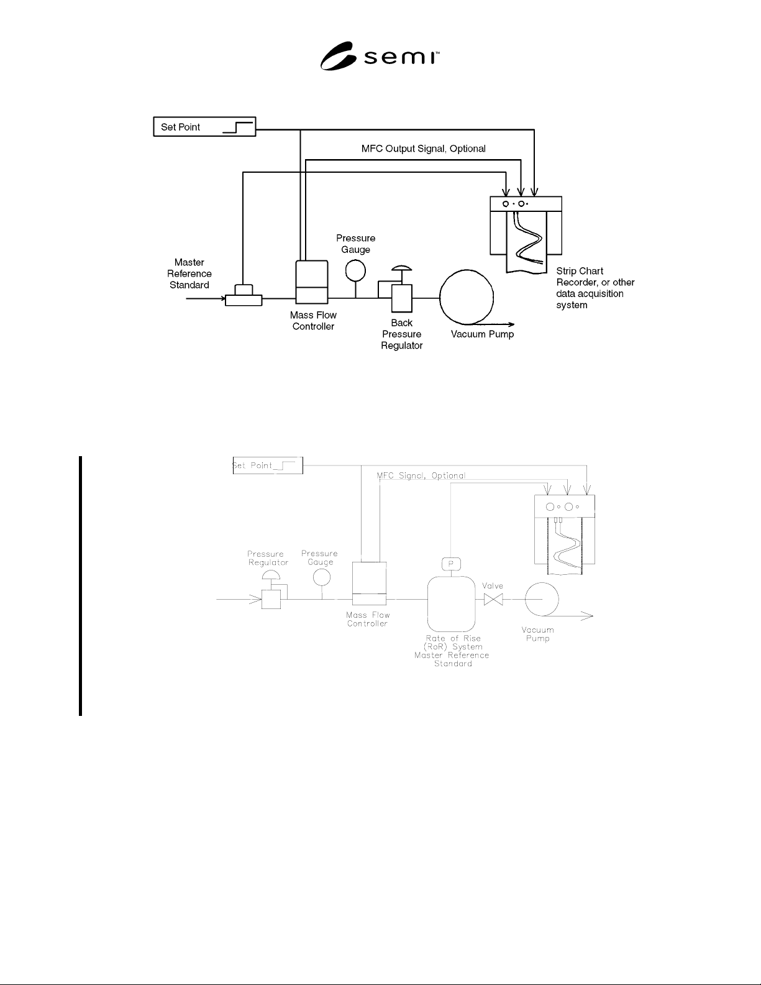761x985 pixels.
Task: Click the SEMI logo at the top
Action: (380, 56)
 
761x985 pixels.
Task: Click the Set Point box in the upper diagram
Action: (205, 127)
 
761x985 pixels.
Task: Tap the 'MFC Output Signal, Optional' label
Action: (423, 149)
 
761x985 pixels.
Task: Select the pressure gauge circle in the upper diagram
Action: (355, 270)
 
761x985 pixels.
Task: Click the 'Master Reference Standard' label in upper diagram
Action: (189, 273)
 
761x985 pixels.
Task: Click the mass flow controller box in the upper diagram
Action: (312, 282)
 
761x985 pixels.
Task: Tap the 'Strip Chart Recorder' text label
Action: (595, 288)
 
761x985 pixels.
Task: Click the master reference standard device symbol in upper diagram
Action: (244, 295)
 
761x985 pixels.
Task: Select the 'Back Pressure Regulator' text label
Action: (402, 334)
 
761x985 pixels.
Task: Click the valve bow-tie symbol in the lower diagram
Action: (493, 599)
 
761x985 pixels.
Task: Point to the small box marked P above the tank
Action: (451, 564)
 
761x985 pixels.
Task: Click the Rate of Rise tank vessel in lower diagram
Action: (451, 604)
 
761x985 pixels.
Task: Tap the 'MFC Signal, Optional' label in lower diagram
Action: (421, 475)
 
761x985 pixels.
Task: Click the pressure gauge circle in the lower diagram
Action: (322, 577)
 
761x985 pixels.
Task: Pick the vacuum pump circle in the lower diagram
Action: (542, 599)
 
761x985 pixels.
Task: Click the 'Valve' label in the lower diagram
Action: (493, 585)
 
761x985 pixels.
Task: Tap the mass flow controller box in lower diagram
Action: (369, 584)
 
